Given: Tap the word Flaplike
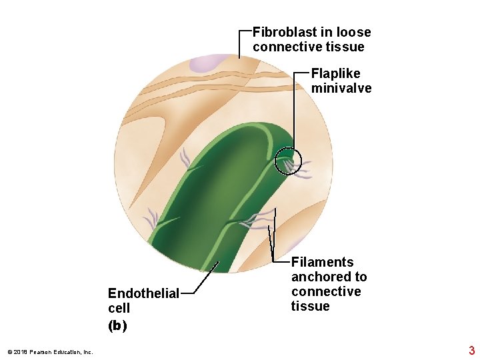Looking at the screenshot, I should click(335, 73).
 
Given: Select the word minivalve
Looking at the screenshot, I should click(341, 88).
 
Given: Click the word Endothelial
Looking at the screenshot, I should click(143, 293).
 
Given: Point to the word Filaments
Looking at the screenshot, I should click(322, 262).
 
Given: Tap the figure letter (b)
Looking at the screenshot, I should click(117, 325).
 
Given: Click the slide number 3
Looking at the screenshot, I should click(471, 351).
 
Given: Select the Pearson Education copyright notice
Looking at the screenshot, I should click(50, 352).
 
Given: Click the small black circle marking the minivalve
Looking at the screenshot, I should click(289, 161).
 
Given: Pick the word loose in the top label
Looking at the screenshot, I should click(353, 32).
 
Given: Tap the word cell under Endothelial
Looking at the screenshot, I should click(119, 308).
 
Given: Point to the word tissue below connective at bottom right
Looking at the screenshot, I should click(310, 306).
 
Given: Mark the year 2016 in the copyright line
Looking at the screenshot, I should click(20, 352).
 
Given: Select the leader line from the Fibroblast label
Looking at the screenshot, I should click(239, 43).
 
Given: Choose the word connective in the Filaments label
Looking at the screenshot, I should click(325, 291).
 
